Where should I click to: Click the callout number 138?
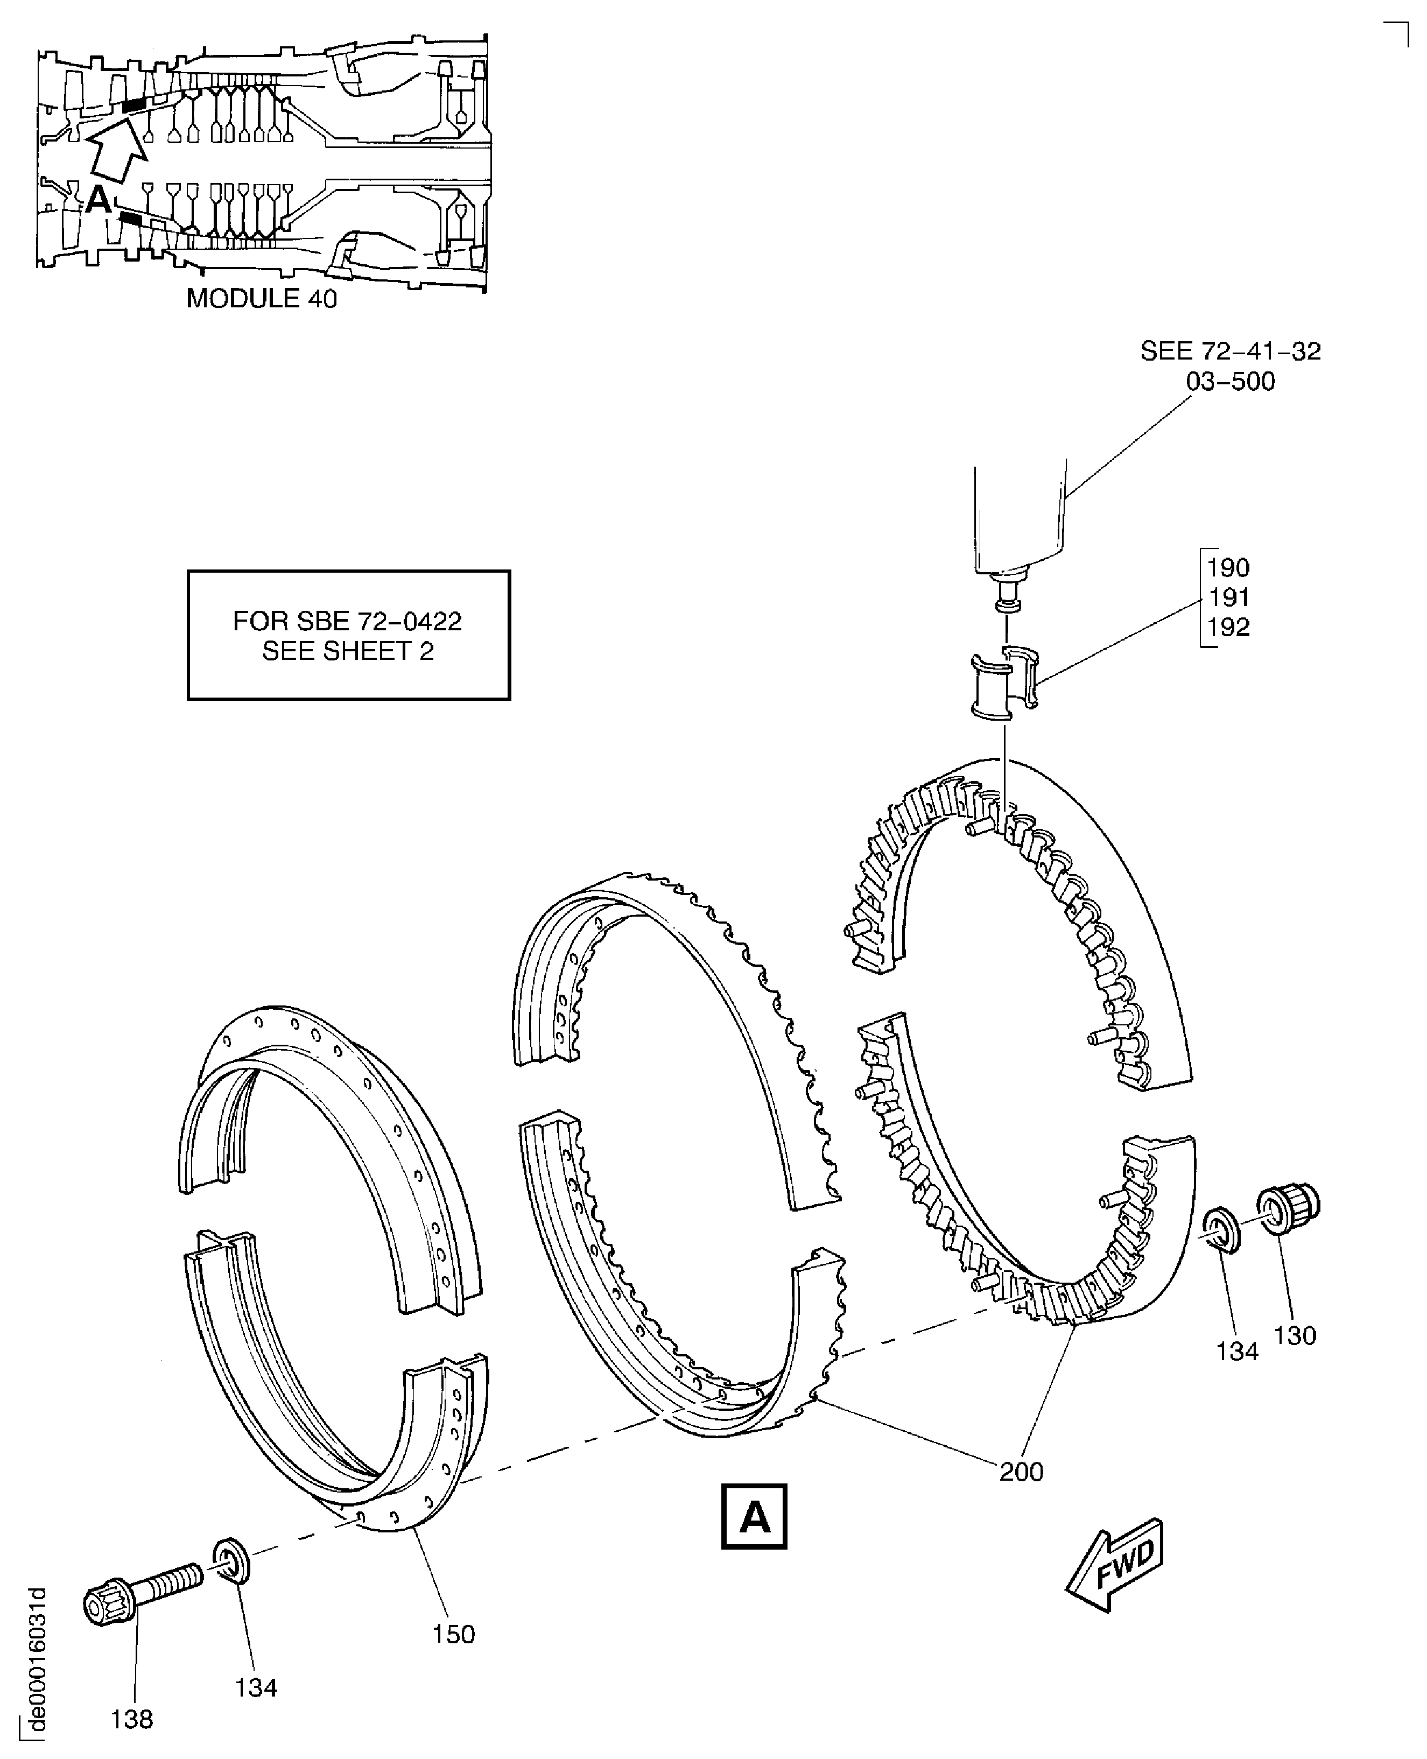pyautogui.click(x=131, y=1719)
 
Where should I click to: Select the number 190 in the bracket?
pyautogui.click(x=1228, y=568)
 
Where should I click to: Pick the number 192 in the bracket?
pyautogui.click(x=1228, y=627)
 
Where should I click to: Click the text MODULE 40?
pyautogui.click(x=262, y=298)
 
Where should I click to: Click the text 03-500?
pyautogui.click(x=1230, y=382)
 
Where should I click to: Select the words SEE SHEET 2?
pyautogui.click(x=348, y=651)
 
